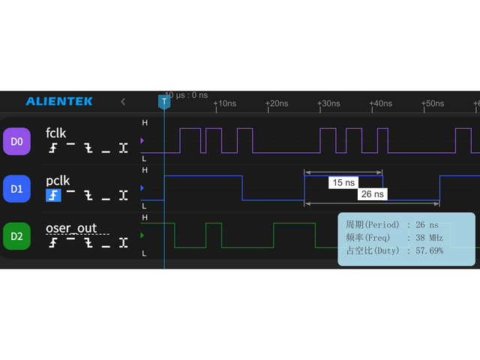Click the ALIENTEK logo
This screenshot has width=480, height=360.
tap(59, 101)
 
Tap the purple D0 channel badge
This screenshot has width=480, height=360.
tap(16, 141)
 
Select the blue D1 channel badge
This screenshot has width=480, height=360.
tap(16, 189)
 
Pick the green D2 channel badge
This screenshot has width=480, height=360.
tap(16, 237)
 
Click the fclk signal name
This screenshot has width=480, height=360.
tap(56, 133)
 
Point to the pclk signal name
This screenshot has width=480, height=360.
tap(58, 181)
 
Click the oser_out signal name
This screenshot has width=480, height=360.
tap(71, 228)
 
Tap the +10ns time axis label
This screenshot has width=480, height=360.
tap(224, 103)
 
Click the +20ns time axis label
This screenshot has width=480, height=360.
tap(277, 103)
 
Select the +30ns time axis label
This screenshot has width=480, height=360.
tap(328, 103)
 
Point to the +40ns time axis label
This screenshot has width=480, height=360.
tap(380, 103)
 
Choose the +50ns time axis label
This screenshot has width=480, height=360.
tap(432, 103)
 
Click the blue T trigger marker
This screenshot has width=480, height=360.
tap(164, 101)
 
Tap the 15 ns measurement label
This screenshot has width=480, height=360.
tap(344, 182)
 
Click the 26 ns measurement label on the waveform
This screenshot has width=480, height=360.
tap(372, 194)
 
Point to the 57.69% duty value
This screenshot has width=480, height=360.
tap(424, 250)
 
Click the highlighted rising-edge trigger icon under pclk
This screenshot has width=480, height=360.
tap(53, 196)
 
